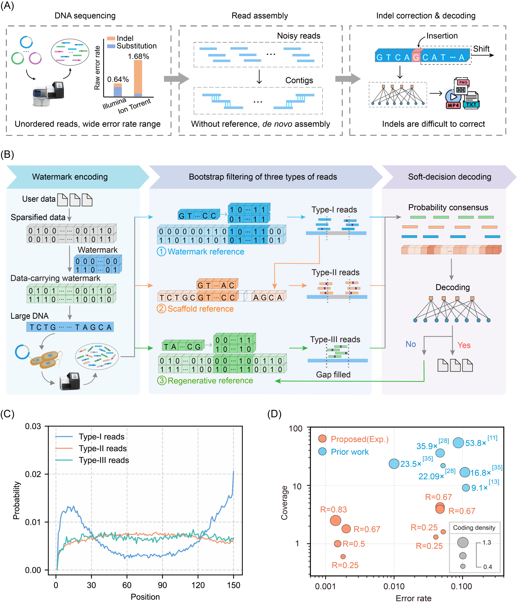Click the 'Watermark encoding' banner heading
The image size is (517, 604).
pyautogui.click(x=70, y=177)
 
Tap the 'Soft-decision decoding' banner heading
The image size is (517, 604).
pyautogui.click(x=449, y=177)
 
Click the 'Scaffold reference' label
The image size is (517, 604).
pyautogui.click(x=200, y=309)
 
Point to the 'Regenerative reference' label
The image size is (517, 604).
pyautogui.click(x=210, y=381)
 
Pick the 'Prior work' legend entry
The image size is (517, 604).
pyautogui.click(x=349, y=452)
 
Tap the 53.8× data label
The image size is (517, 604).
pyautogui.click(x=475, y=443)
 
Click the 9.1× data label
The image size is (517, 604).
pyautogui.click(x=479, y=488)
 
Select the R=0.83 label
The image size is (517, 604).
pyautogui.click(x=333, y=510)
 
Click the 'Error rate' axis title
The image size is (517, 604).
pyautogui.click(x=413, y=598)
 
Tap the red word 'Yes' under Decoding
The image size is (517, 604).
pyautogui.click(x=464, y=345)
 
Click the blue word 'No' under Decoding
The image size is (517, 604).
pyautogui.click(x=410, y=344)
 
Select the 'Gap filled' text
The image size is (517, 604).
pyautogui.click(x=333, y=375)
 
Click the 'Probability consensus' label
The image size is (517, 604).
pyautogui.click(x=448, y=207)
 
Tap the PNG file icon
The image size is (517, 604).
pyautogui.click(x=463, y=83)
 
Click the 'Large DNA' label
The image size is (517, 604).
pyautogui.click(x=30, y=316)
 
